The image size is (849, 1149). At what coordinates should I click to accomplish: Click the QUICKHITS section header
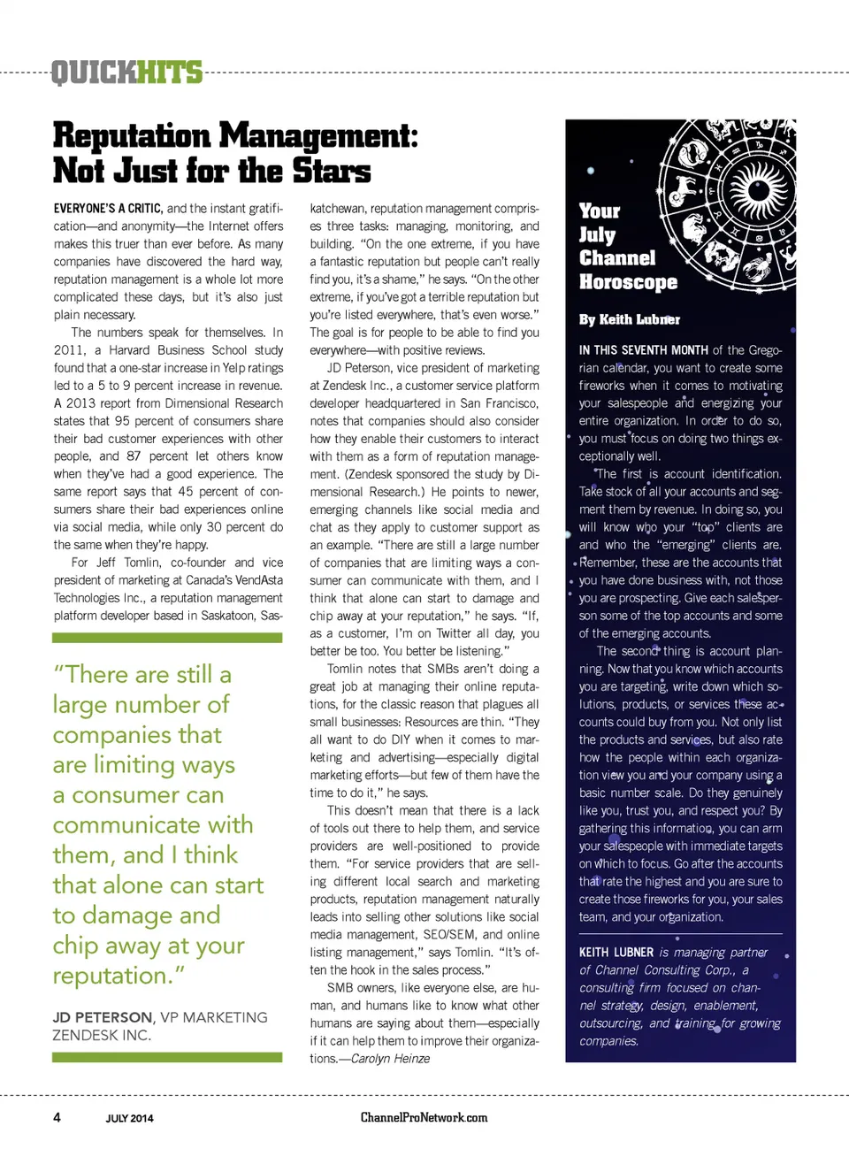pos(126,72)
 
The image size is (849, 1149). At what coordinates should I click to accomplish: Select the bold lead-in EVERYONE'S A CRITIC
pos(108,209)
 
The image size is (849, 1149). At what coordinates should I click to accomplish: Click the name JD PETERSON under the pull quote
pos(102,1017)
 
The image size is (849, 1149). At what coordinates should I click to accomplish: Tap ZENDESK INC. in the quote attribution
pos(102,1035)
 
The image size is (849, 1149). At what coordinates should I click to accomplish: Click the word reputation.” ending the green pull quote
pos(119,976)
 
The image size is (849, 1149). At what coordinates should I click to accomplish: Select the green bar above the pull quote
pos(167,638)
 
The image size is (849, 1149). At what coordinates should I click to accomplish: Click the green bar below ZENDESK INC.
pos(167,1057)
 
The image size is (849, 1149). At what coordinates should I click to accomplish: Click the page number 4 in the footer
pos(57,1117)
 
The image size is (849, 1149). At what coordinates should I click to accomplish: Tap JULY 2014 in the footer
pos(129,1118)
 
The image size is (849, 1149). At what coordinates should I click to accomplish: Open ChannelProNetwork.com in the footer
pos(424,1117)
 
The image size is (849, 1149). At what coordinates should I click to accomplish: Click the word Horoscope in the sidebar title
pos(628,282)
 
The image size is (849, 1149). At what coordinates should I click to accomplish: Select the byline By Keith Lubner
pos(630,319)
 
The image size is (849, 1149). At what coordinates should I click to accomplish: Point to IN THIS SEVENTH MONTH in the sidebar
pos(643,350)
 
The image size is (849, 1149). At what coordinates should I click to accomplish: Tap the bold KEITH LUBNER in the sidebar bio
pos(616,953)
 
